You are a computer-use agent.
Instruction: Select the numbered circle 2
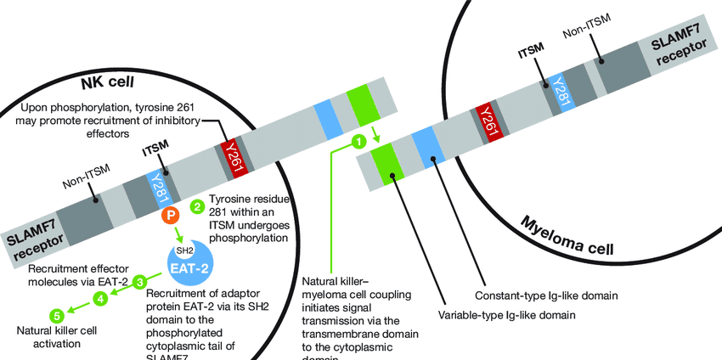(x=196, y=205)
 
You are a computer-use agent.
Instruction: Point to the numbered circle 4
(x=100, y=298)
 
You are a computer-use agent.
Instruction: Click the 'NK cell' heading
(x=110, y=82)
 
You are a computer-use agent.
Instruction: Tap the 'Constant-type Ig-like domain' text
(x=545, y=295)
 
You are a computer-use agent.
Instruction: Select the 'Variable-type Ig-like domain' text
(x=506, y=315)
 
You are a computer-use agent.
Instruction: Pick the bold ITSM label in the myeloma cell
(x=531, y=56)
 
